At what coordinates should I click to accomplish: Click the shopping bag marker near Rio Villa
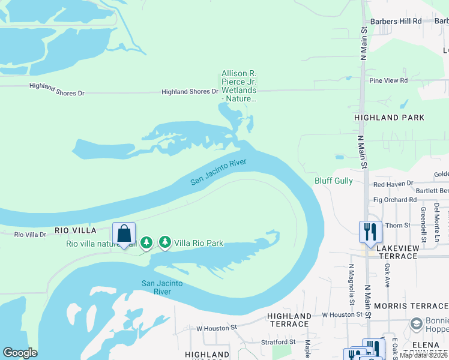pos(124,233)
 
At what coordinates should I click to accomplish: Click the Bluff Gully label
pos(334,181)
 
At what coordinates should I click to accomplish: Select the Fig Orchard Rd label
pos(394,200)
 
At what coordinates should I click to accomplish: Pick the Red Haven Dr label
pos(393,184)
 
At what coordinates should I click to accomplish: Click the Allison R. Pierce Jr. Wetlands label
pos(239,86)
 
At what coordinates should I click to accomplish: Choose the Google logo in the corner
pos(20,353)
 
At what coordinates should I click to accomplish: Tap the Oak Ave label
pos(388,275)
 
